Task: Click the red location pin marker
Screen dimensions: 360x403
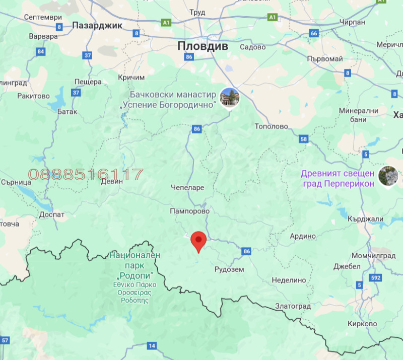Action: pyautogui.click(x=198, y=241)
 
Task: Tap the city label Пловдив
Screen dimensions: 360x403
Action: pyautogui.click(x=203, y=46)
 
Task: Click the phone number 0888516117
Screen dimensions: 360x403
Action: pyautogui.click(x=86, y=175)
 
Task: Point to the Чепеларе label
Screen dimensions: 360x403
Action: pyautogui.click(x=187, y=187)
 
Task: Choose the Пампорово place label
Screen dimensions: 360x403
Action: pyautogui.click(x=189, y=211)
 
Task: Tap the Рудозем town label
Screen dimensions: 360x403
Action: pyautogui.click(x=229, y=269)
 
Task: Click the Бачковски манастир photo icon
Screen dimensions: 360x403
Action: pyautogui.click(x=230, y=97)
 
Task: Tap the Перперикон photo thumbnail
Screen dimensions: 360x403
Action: pyautogui.click(x=388, y=175)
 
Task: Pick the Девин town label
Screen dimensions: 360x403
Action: pyautogui.click(x=112, y=181)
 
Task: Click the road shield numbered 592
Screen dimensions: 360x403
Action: pyautogui.click(x=375, y=277)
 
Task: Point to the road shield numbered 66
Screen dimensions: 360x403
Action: pyautogui.click(x=314, y=33)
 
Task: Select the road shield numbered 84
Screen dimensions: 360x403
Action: pyautogui.click(x=41, y=51)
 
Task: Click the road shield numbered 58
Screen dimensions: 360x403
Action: pyautogui.click(x=303, y=139)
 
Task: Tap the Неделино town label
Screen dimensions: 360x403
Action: pyautogui.click(x=289, y=280)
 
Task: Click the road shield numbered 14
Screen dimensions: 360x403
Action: pyautogui.click(x=152, y=345)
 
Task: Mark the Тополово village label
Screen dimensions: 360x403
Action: pyautogui.click(x=272, y=126)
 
